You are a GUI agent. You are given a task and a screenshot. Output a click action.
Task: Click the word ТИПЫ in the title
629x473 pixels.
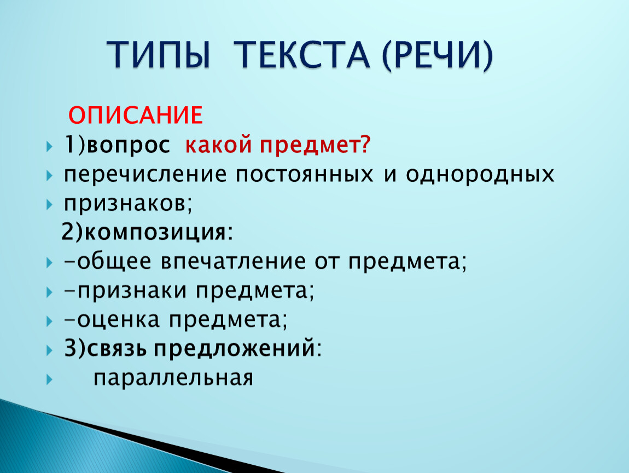pyautogui.click(x=159, y=55)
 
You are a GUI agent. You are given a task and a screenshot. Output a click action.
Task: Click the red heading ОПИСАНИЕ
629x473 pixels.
pyautogui.click(x=136, y=115)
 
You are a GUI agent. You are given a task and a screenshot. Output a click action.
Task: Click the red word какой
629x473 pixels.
pyautogui.click(x=218, y=145)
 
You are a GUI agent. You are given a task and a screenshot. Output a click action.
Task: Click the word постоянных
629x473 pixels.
pyautogui.click(x=304, y=175)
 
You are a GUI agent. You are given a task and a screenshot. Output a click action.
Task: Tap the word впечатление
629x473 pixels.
pyautogui.click(x=234, y=262)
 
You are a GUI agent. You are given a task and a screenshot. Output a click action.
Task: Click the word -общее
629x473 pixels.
pyautogui.click(x=108, y=261)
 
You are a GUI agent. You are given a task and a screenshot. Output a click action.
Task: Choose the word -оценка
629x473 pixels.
pyautogui.click(x=112, y=320)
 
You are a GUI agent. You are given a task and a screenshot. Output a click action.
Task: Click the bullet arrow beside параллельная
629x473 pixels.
pyautogui.click(x=49, y=379)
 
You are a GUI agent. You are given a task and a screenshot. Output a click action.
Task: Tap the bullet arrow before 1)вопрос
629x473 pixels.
pyautogui.click(x=49, y=147)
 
